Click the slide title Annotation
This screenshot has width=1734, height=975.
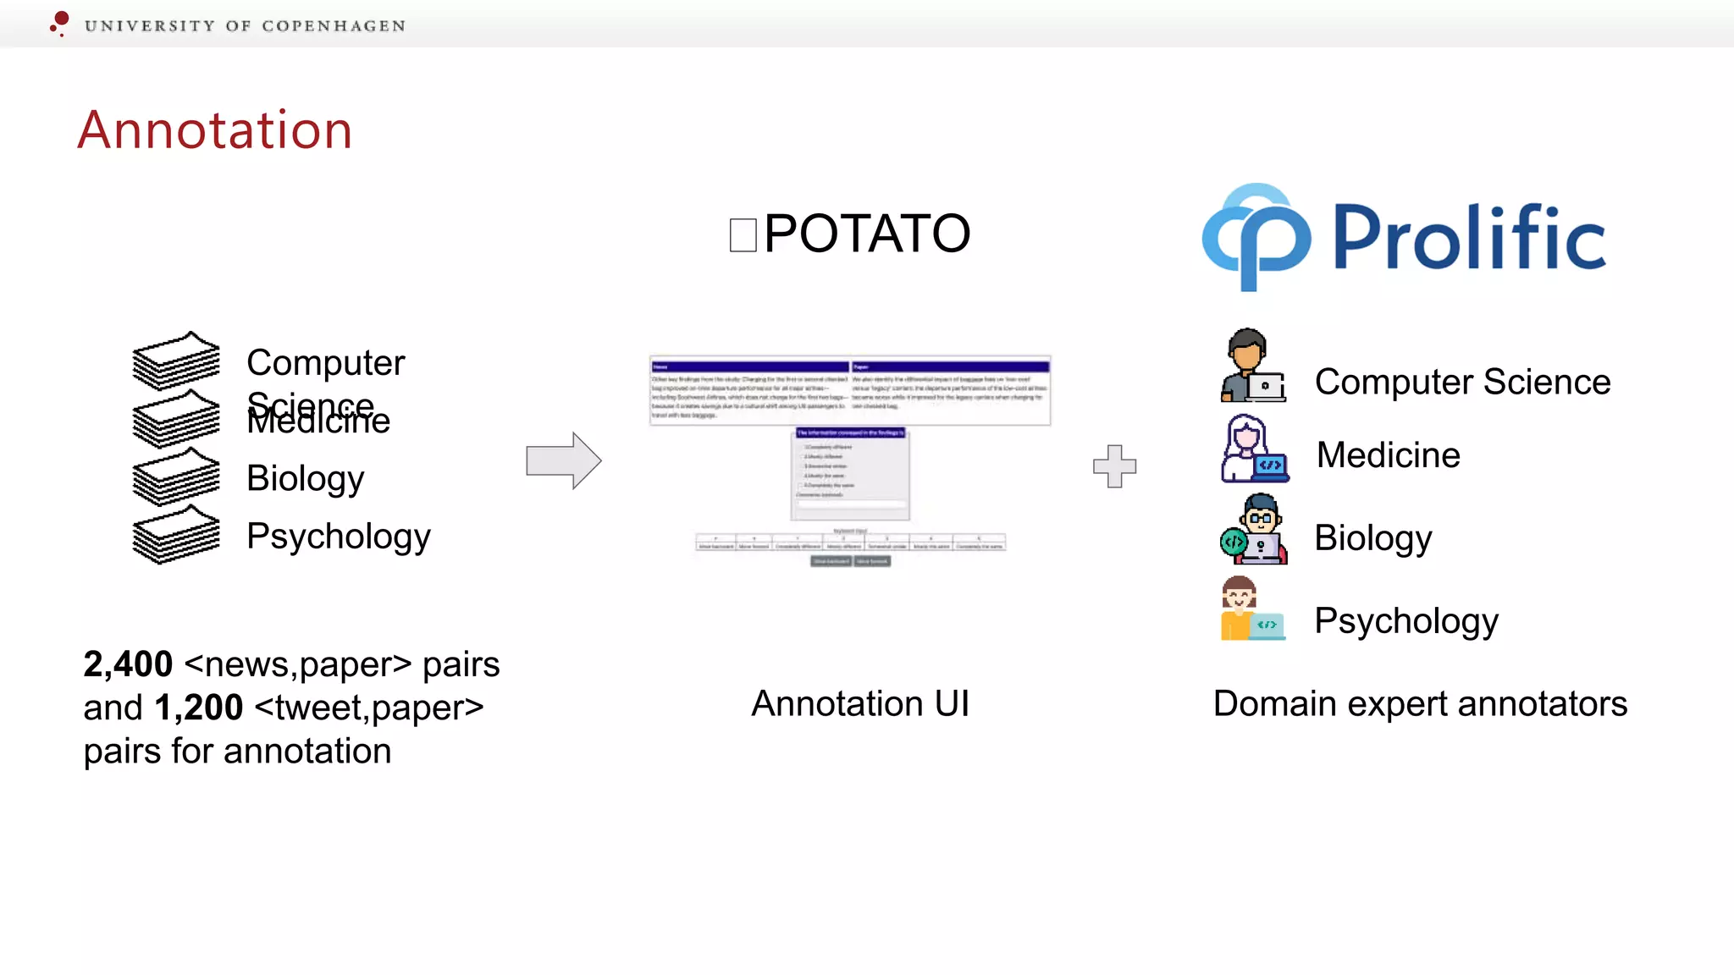click(x=215, y=130)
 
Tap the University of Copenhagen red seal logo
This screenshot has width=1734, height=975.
click(x=59, y=23)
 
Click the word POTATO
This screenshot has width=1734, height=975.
click(x=867, y=234)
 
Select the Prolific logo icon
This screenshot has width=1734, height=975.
click(x=1256, y=237)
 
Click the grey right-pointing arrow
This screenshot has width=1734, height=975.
click(x=563, y=460)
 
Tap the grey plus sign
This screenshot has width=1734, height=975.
click(x=1114, y=466)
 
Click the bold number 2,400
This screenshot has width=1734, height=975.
click(x=128, y=664)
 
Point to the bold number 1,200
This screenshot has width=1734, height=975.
click(x=199, y=708)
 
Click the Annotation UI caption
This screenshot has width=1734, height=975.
click(x=860, y=703)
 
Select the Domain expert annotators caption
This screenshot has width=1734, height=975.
click(x=1420, y=703)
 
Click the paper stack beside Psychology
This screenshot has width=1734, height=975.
click(x=176, y=535)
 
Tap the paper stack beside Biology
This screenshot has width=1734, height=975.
click(x=176, y=476)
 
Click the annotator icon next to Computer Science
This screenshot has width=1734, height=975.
click(x=1252, y=366)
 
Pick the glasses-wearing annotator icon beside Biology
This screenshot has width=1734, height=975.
click(x=1254, y=530)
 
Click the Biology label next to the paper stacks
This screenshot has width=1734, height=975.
click(x=306, y=478)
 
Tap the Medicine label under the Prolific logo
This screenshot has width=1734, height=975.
click(x=1388, y=455)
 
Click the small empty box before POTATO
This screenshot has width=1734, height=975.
click(x=743, y=235)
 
